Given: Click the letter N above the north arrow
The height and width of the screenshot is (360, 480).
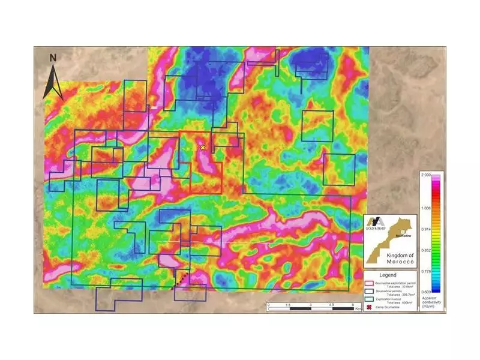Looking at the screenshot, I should pos(53,58).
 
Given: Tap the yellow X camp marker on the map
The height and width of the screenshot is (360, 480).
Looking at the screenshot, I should pos(203,147).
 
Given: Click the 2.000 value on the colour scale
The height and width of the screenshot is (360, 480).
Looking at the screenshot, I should pos(427,174).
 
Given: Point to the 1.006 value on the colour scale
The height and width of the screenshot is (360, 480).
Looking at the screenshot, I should pos(427,207).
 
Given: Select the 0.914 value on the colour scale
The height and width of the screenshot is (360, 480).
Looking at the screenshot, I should pos(427,230).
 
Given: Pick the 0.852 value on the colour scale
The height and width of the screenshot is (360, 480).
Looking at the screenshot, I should pos(427,251).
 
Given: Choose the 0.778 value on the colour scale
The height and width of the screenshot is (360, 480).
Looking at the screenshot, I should pos(427,271).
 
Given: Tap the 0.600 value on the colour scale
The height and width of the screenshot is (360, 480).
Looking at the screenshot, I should pos(427,292).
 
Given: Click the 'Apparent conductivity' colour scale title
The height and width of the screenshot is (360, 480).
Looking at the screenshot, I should pos(431,301).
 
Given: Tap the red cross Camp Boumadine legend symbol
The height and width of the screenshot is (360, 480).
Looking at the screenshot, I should pos(370,307).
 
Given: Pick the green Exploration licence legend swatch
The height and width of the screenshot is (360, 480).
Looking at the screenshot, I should pos(370,299).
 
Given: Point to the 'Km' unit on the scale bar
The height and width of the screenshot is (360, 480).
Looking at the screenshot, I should pos(358,309).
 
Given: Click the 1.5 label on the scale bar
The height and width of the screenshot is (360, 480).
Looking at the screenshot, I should pos(289,305).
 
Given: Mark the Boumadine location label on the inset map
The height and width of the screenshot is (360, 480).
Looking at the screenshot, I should pos(404,236).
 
